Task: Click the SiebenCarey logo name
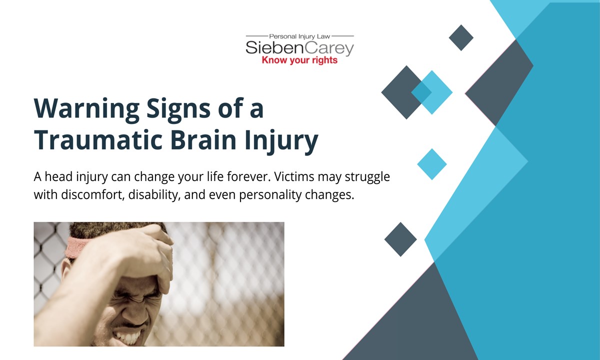tap(299, 48)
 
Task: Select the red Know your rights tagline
tap(299, 60)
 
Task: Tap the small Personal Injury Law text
tap(299, 36)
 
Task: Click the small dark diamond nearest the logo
tap(461, 37)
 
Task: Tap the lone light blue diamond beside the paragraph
tap(431, 164)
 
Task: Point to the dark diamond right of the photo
tap(400, 239)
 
